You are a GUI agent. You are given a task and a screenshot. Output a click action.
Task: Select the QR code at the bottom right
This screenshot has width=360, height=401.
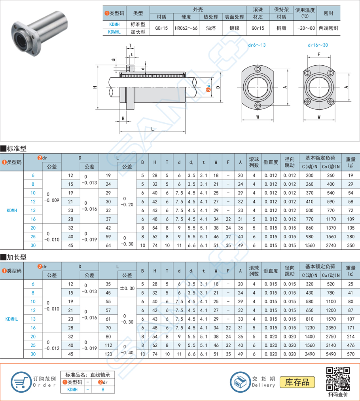pos(338,379)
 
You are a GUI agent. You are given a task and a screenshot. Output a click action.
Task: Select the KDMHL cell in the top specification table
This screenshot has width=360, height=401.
pos(114,32)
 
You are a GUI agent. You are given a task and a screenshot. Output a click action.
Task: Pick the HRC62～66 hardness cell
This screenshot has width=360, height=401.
pos(186,29)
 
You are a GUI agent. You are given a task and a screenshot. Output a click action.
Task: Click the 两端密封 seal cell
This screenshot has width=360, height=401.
pos(328,29)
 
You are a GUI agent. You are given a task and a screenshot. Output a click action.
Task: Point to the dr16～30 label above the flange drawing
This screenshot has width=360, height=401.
pos(318,45)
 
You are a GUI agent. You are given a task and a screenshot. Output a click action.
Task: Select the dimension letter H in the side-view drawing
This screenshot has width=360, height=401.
pos(95,87)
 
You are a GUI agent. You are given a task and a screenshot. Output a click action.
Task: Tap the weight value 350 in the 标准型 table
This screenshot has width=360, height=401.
pos(351,245)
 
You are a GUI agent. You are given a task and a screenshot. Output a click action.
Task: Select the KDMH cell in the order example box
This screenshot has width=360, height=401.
pos(72,390)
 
